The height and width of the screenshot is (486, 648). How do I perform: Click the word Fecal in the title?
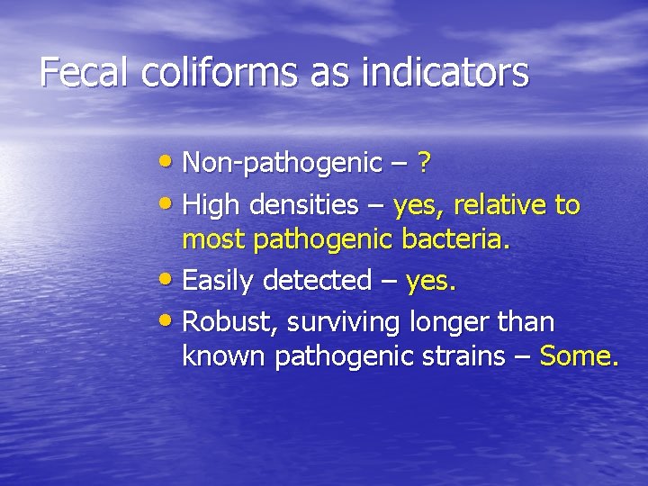click(85, 73)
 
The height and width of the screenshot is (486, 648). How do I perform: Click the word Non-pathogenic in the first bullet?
click(282, 163)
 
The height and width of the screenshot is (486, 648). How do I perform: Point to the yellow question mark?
click(425, 163)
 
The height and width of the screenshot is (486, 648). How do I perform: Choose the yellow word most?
click(214, 241)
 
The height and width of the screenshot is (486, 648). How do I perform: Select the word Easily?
click(219, 282)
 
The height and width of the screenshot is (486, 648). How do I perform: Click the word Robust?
click(223, 321)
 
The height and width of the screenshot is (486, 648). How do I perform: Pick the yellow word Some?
click(579, 356)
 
